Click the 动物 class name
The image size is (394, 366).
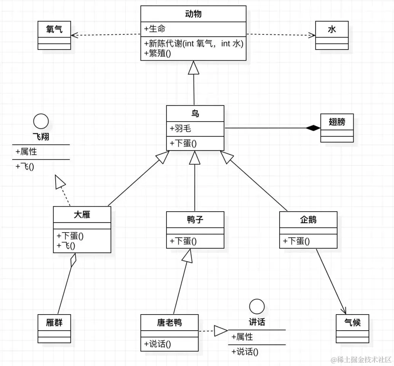point(193,14)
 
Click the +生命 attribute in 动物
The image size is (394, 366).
point(155,29)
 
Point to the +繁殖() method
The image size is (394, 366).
point(158,53)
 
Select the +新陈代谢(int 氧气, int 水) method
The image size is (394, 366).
point(194,43)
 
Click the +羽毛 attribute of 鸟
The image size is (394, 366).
point(181,128)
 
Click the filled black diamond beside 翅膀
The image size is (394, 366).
point(313,128)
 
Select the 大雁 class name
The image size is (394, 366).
point(82,215)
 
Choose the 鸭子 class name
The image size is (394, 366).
point(195,219)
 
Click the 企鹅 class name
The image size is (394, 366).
point(308,219)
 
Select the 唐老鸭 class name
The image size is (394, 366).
point(170,323)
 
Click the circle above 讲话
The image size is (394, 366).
point(256,306)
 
